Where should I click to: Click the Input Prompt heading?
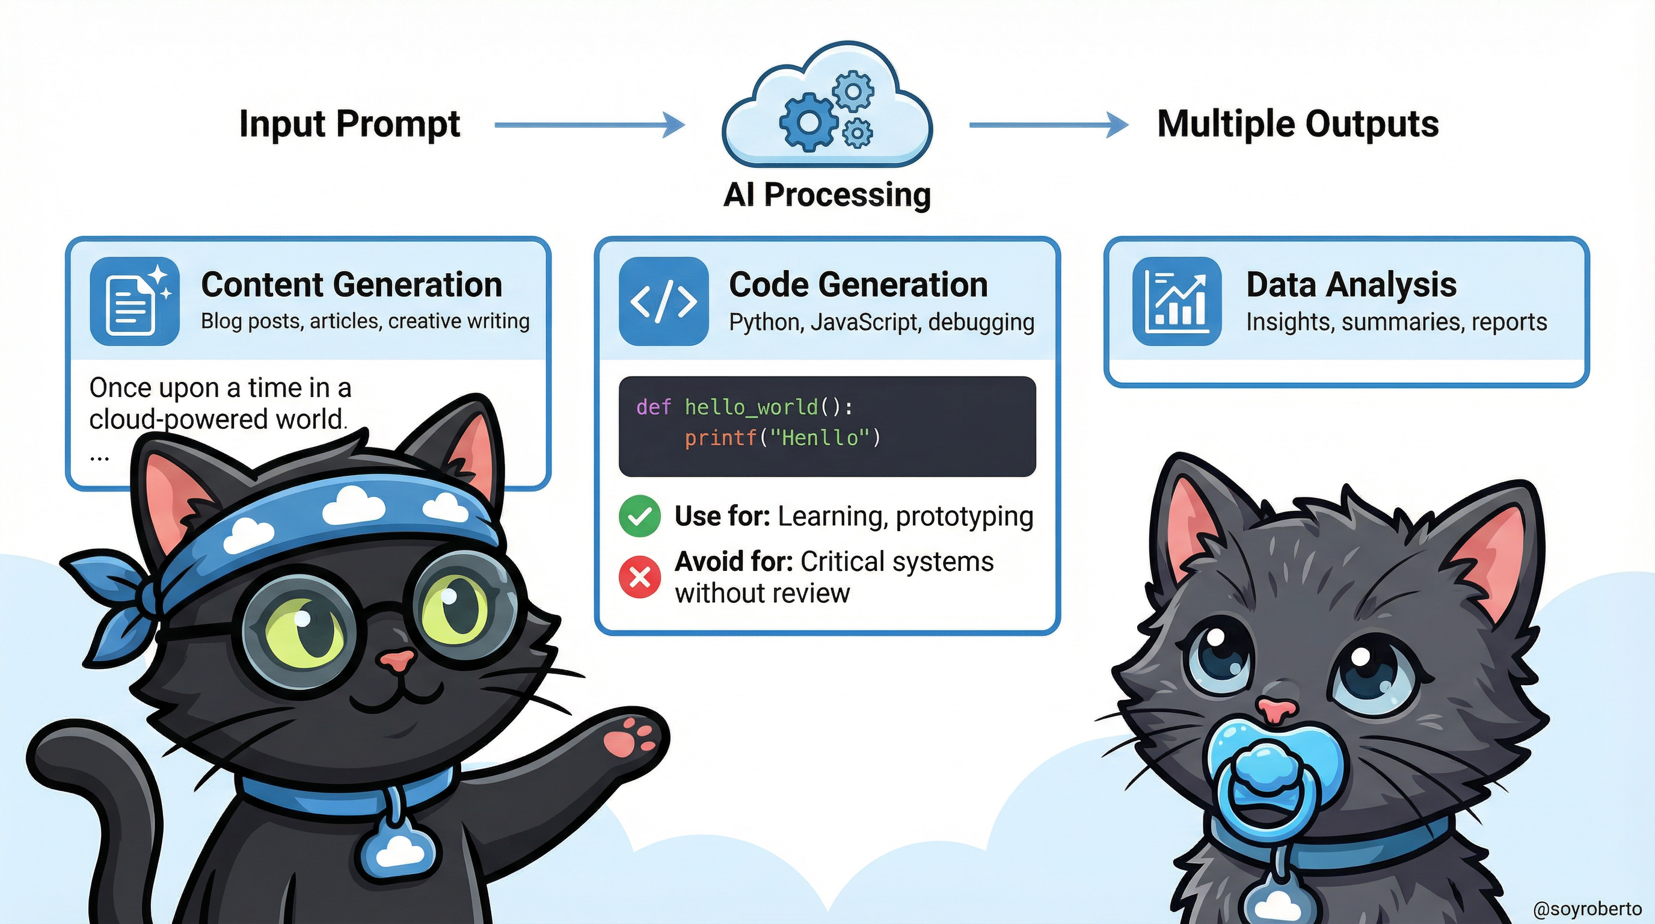pos(349,123)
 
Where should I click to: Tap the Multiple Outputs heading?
pos(1298,123)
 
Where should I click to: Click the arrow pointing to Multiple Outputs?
pos(1047,125)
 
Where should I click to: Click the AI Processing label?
pos(827,194)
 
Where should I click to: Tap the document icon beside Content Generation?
pos(134,301)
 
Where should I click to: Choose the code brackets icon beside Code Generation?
pos(664,301)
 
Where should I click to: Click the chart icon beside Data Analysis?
pos(1176,301)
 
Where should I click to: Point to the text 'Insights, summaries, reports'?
pos(1396,321)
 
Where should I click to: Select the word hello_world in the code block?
pos(751,407)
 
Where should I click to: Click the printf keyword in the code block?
pos(720,438)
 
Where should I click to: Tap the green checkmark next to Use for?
pos(639,516)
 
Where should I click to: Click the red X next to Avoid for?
pos(639,577)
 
